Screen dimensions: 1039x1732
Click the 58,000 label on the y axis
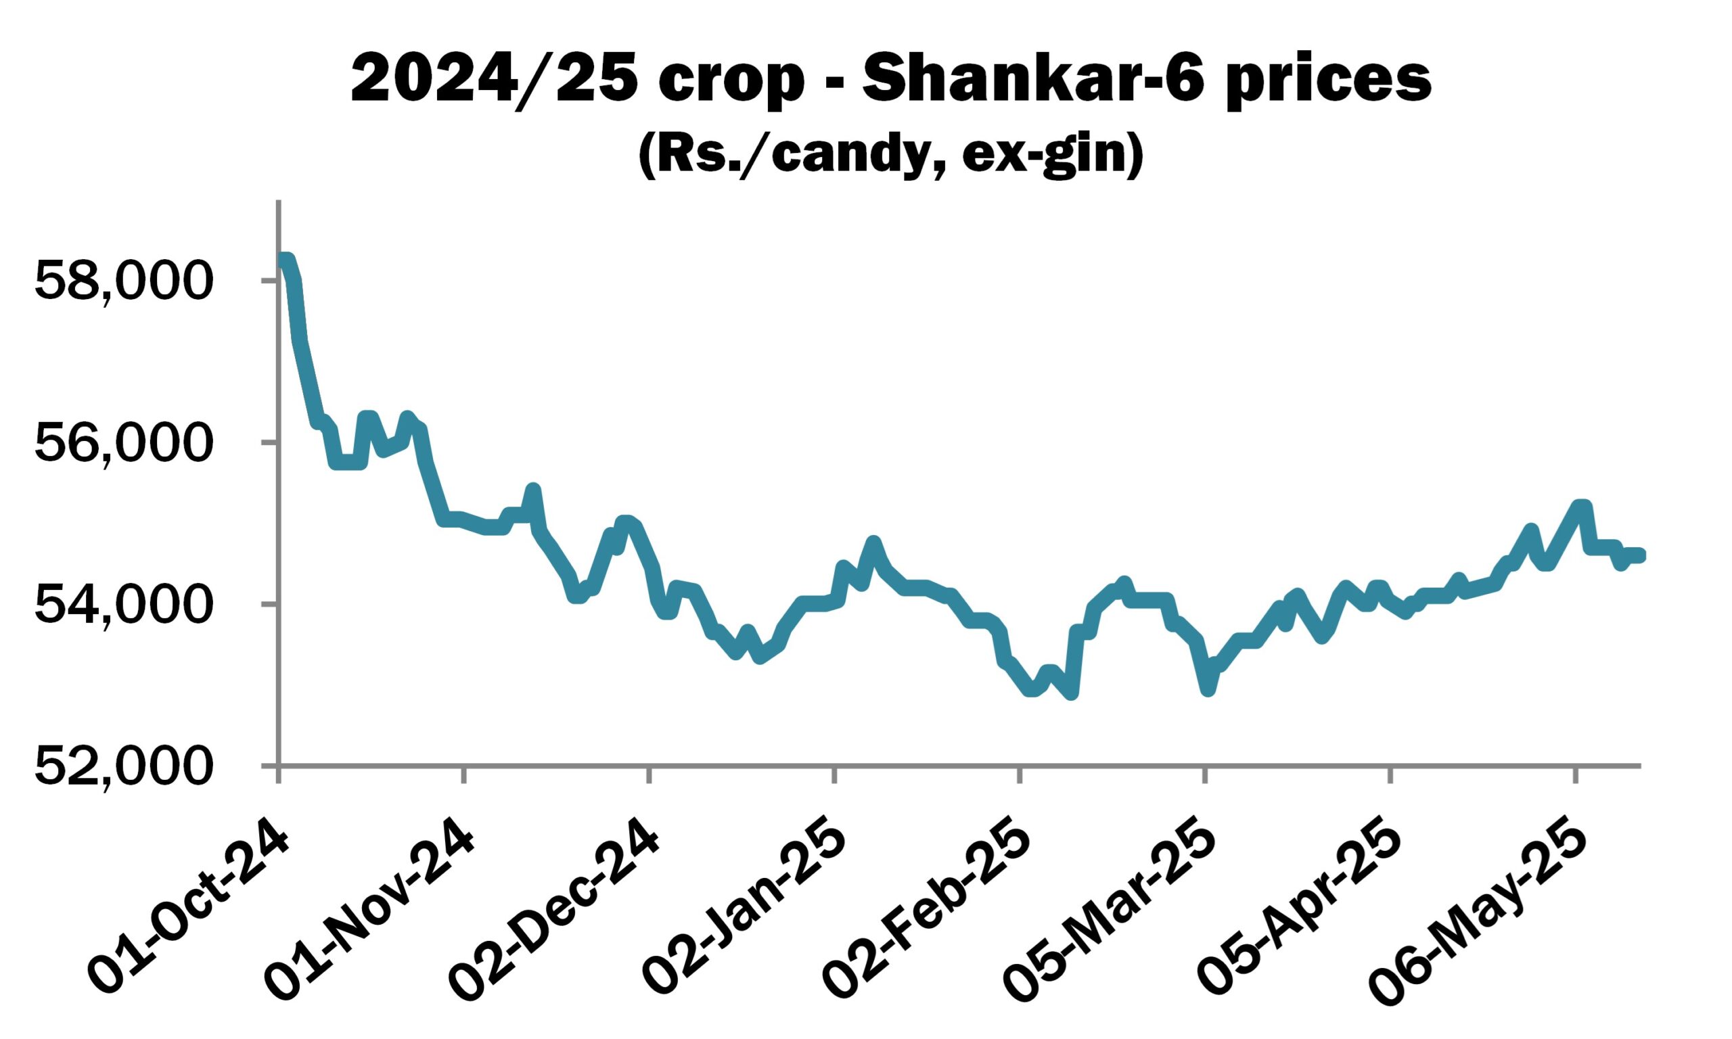coord(122,281)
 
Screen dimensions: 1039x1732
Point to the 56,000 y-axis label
coord(122,442)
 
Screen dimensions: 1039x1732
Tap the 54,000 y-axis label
coord(122,604)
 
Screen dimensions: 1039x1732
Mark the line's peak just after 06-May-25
coord(1580,505)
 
